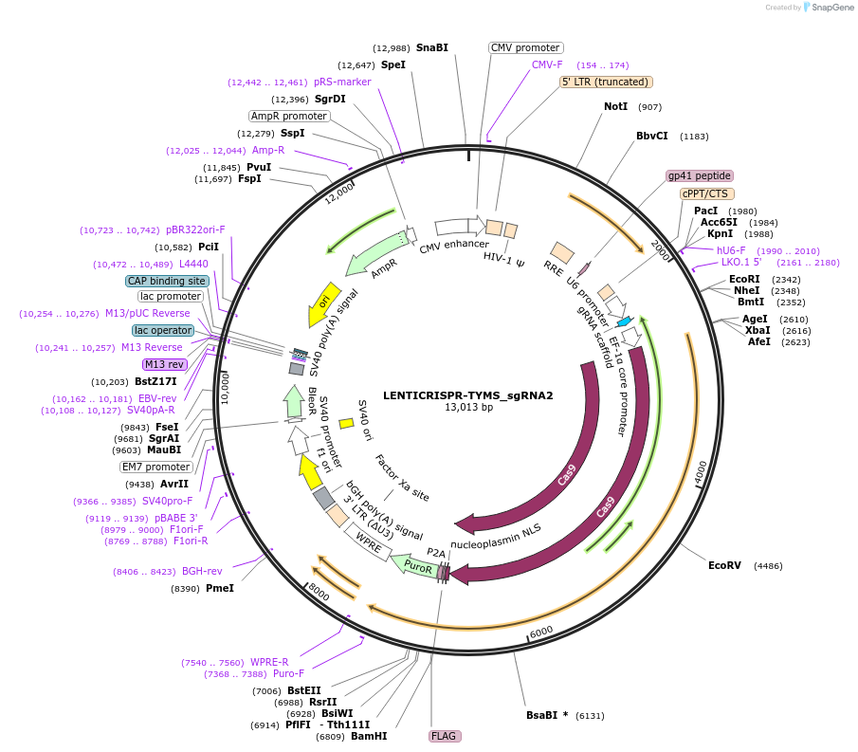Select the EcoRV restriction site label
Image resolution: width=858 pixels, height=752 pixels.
click(x=724, y=565)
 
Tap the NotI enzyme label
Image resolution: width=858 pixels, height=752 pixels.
click(x=615, y=106)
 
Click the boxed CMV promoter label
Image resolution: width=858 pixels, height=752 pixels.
click(x=525, y=47)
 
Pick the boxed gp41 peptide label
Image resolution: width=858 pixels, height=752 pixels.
click(x=700, y=175)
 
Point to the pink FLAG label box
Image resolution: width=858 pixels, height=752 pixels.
click(x=444, y=735)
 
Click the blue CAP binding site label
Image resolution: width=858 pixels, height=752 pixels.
click(x=166, y=281)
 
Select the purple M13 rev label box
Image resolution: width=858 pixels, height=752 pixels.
click(x=164, y=364)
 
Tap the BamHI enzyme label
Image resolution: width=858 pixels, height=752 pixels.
click(x=369, y=736)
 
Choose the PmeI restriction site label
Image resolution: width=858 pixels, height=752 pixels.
click(x=219, y=588)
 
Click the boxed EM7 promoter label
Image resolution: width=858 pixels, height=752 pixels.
click(x=155, y=467)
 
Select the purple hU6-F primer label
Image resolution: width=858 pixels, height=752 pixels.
click(x=731, y=250)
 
